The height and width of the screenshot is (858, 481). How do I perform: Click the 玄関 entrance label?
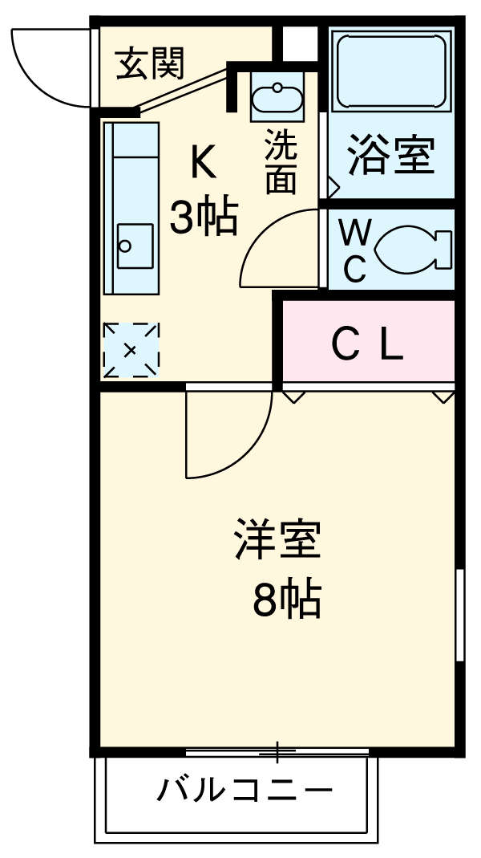[150, 63]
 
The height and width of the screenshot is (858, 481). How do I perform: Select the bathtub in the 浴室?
[390, 71]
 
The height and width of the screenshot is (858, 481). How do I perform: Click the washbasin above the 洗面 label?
[277, 97]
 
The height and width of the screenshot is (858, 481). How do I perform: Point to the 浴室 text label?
[390, 156]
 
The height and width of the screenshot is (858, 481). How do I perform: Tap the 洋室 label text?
[277, 541]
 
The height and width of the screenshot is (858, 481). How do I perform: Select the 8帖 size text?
[286, 599]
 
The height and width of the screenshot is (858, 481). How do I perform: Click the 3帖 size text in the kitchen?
[204, 217]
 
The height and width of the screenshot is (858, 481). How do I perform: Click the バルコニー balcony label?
[244, 791]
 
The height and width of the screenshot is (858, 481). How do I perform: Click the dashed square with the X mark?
[131, 351]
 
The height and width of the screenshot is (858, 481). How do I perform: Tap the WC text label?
[354, 251]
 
